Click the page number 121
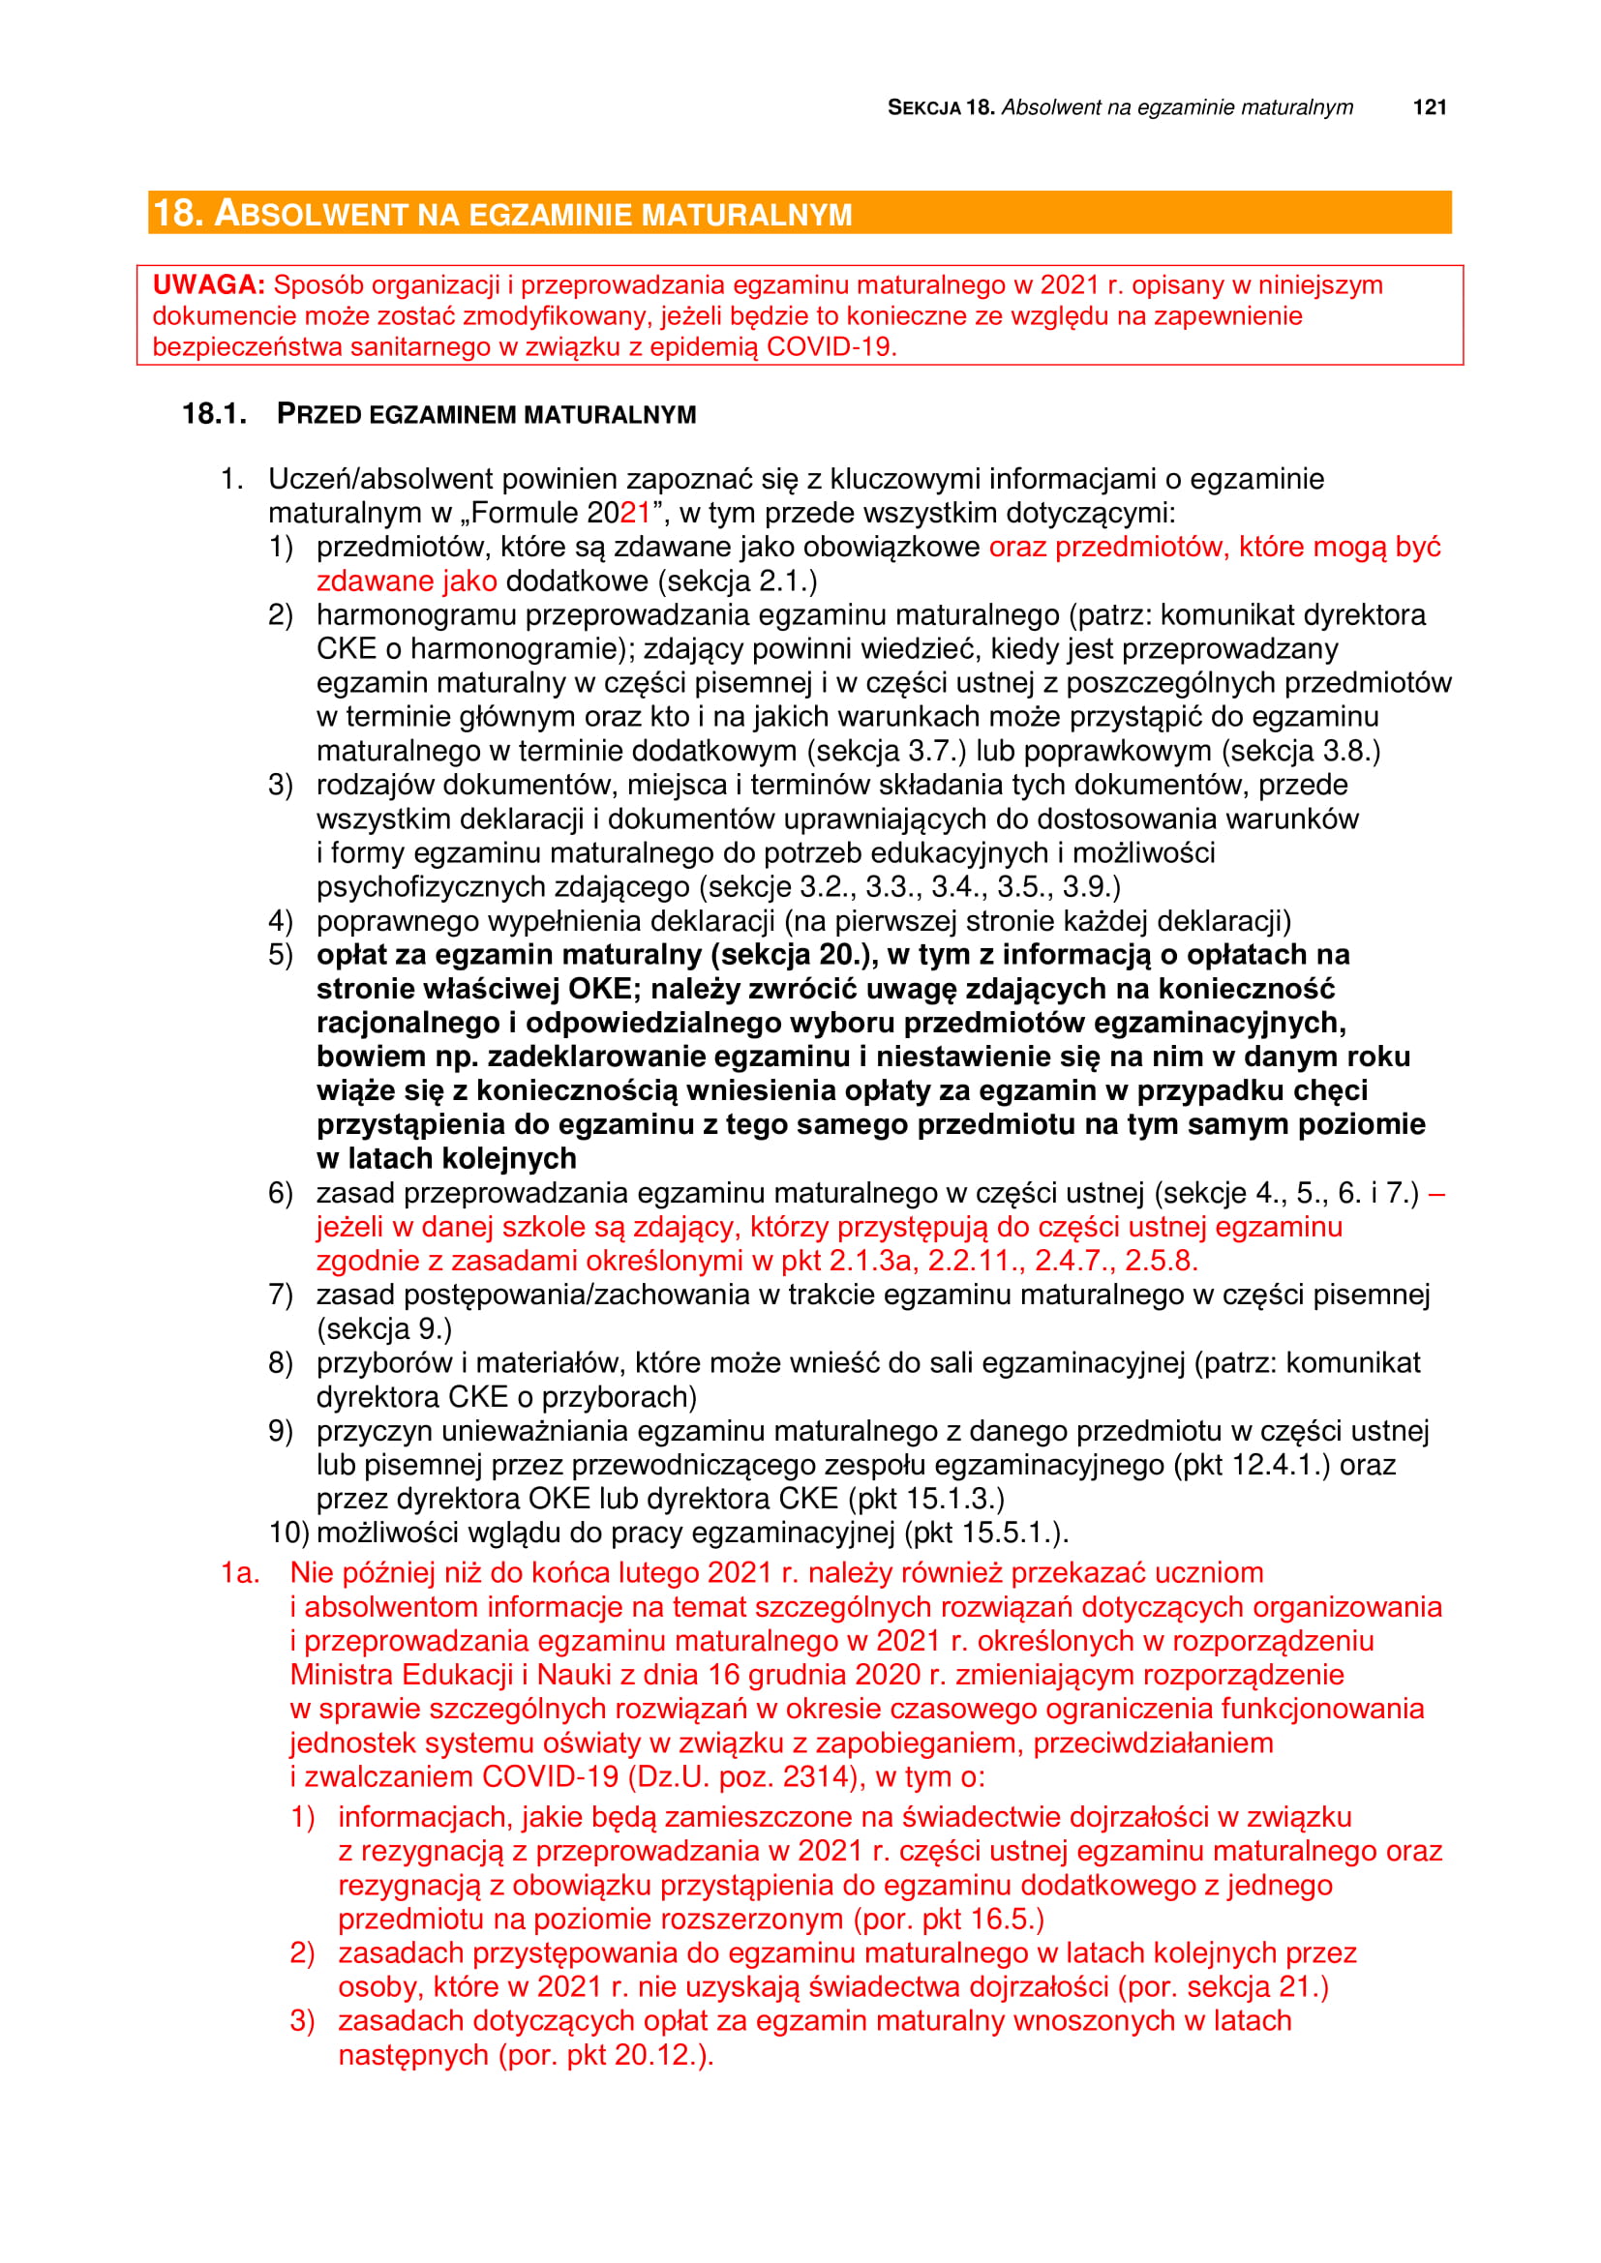point(1429,107)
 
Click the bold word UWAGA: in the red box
point(208,284)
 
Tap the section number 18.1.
point(214,414)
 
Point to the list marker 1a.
point(239,1572)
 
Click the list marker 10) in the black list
point(287,1533)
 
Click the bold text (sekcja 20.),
point(796,954)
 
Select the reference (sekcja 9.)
point(384,1328)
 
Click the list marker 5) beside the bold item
point(280,954)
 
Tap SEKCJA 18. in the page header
point(941,107)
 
